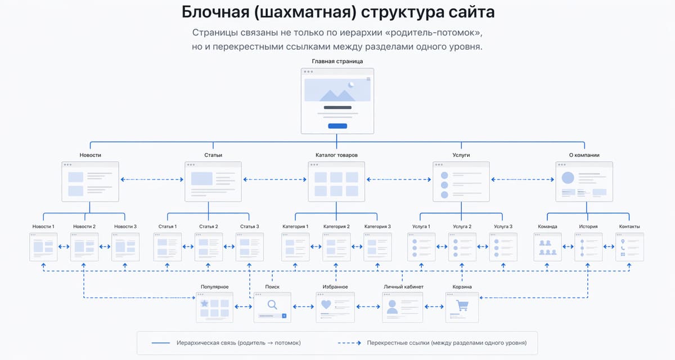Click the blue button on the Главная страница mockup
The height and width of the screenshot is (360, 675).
point(337,126)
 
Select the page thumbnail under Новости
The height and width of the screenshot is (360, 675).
point(90,181)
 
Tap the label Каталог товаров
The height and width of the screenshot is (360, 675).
point(336,155)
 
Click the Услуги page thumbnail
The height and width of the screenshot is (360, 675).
point(461,181)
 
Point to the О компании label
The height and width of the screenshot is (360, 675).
point(584,155)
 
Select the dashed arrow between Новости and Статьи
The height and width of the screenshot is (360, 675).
point(152,180)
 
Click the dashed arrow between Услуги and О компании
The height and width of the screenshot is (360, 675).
point(523,180)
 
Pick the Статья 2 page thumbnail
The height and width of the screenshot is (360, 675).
point(209,246)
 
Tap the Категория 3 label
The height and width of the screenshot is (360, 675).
point(377,227)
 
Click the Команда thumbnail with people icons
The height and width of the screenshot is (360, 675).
point(547,246)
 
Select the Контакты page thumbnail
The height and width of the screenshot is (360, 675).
point(629,246)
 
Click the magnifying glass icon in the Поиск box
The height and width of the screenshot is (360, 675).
point(272,305)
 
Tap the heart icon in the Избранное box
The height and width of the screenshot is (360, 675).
point(326,304)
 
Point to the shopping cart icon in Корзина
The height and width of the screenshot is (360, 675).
point(462,305)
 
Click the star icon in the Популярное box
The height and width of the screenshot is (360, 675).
point(205,303)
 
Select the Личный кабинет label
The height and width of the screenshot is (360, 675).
point(403,287)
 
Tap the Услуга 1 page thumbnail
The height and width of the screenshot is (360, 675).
point(421,246)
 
